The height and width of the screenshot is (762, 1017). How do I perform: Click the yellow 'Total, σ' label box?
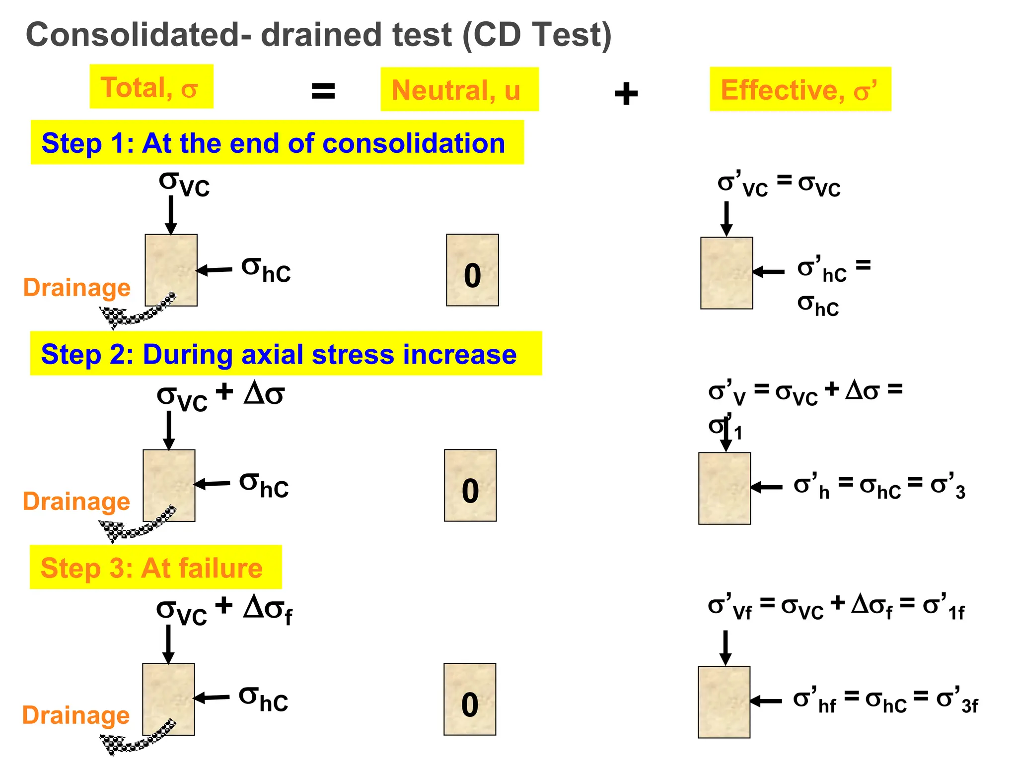[x=151, y=86]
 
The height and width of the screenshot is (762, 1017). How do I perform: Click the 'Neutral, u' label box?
[x=459, y=89]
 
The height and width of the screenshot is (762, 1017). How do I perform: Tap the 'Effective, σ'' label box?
[x=800, y=89]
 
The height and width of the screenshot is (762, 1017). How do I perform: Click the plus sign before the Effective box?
[x=626, y=94]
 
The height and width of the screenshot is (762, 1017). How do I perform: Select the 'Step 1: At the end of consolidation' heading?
[x=277, y=143]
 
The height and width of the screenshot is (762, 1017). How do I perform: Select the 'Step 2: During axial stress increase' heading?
[x=286, y=354]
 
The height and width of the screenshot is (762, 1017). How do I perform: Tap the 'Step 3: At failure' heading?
[x=155, y=567]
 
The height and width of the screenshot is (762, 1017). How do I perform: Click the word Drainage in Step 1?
[x=77, y=287]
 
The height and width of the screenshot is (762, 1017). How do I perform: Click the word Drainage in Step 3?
[x=76, y=715]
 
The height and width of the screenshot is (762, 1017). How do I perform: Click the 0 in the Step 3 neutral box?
[x=470, y=704]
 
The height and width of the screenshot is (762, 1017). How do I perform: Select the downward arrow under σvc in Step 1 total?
[x=171, y=215]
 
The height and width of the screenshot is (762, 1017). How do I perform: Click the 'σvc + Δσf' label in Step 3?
[x=224, y=610]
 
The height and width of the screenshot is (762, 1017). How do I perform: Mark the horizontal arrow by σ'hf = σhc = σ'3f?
[x=766, y=701]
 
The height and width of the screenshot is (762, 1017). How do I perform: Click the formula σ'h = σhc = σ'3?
[x=879, y=487]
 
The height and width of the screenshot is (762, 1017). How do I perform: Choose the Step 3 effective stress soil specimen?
[x=724, y=702]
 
